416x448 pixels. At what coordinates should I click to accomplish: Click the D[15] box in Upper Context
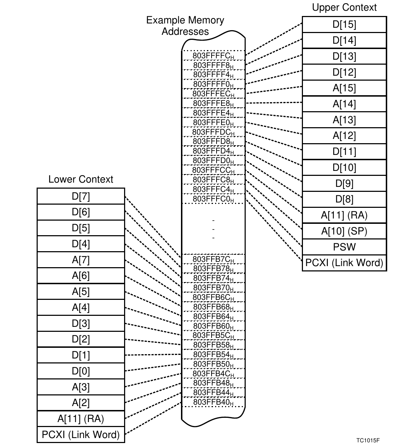click(x=344, y=25)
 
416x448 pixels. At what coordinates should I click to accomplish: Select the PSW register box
click(x=344, y=247)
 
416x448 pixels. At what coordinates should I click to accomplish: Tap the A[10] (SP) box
click(x=344, y=231)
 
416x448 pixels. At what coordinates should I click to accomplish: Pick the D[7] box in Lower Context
click(x=81, y=196)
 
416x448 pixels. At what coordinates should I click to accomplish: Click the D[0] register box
click(x=81, y=371)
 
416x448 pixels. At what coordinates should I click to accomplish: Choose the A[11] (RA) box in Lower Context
click(x=81, y=419)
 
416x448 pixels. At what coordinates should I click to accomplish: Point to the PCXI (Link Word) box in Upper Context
click(x=344, y=263)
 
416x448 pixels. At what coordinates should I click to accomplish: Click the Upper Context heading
click(x=344, y=7)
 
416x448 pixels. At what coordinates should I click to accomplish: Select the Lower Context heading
click(x=81, y=179)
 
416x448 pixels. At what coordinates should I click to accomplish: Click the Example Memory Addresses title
click(x=185, y=26)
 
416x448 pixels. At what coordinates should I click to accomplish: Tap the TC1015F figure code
click(x=368, y=441)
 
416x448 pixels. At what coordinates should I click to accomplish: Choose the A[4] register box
click(x=81, y=307)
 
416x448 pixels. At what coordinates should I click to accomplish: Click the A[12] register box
click(x=344, y=136)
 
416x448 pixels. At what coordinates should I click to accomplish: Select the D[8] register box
click(x=344, y=199)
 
